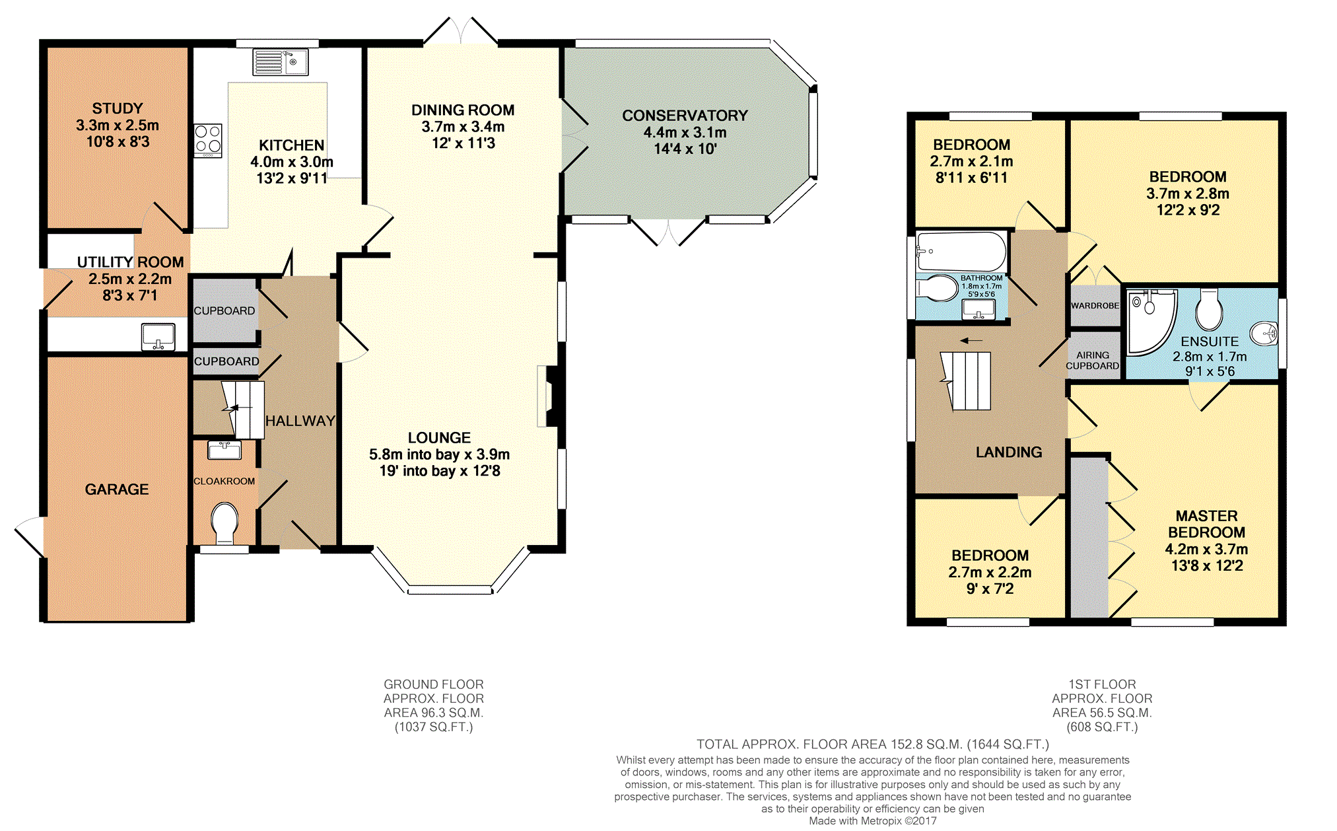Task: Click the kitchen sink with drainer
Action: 281,62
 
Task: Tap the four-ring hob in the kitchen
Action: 208,140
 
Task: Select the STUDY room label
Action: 118,108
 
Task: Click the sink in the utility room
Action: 158,336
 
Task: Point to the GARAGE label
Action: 117,489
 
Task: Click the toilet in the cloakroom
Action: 224,521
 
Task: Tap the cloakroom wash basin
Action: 224,450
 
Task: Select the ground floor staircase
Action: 242,410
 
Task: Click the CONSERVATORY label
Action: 685,116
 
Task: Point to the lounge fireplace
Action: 548,396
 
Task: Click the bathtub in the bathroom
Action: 961,251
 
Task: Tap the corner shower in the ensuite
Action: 1151,322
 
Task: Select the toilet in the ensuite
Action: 1209,309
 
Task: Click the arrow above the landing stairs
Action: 971,341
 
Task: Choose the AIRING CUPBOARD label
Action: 1093,360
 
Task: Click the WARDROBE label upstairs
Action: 1095,306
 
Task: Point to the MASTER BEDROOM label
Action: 1207,524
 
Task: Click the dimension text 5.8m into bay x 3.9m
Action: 439,454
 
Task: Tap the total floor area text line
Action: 873,744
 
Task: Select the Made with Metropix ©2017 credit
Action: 873,821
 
